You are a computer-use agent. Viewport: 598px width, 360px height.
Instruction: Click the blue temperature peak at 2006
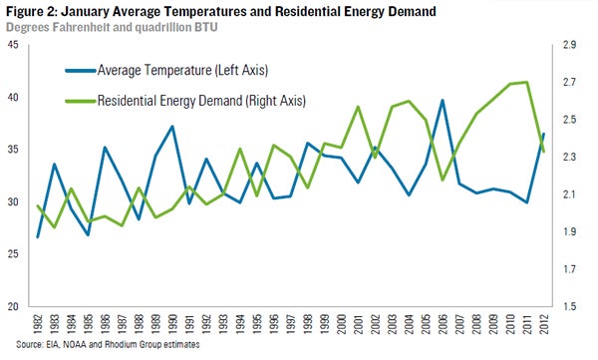(443, 101)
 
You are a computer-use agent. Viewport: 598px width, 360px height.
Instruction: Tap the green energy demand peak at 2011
(526, 82)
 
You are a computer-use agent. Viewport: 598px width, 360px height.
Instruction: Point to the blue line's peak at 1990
(172, 127)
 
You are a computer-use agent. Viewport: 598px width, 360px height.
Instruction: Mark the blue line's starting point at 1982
(38, 237)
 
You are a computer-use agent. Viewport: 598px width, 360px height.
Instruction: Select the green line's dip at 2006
(443, 180)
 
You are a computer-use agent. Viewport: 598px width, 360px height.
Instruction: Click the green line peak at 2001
(358, 107)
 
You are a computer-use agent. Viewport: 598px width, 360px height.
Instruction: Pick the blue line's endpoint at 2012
(543, 134)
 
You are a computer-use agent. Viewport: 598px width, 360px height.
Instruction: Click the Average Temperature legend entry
(166, 70)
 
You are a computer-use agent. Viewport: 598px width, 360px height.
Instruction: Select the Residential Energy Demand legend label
(201, 101)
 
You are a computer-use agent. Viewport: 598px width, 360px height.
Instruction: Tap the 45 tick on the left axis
(13, 45)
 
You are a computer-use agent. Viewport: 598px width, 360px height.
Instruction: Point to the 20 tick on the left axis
(13, 306)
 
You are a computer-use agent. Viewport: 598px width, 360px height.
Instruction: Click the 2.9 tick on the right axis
(569, 45)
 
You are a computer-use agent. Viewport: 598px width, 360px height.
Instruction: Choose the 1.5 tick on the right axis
(569, 306)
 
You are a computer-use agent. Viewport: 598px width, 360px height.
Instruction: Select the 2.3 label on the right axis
(569, 157)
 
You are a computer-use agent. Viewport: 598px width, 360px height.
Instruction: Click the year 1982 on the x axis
(38, 324)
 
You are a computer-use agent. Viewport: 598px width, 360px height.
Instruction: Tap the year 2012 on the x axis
(544, 324)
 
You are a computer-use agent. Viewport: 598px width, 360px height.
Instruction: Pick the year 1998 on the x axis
(308, 324)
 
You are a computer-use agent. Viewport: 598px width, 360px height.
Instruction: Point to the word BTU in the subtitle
(206, 28)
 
